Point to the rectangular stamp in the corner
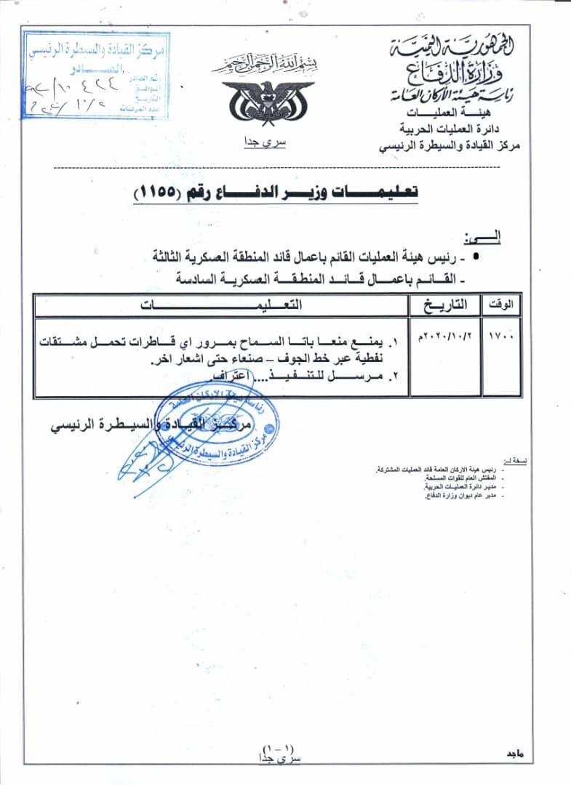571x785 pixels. click(96, 72)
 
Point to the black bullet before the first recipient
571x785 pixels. click(476, 257)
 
